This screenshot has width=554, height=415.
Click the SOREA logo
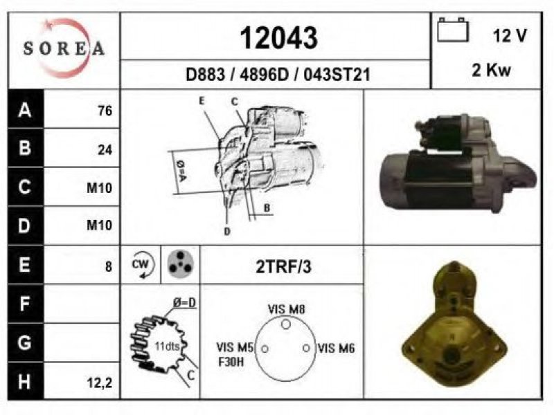point(64,48)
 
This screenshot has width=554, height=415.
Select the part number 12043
point(279,38)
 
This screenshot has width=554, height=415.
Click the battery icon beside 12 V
point(453,30)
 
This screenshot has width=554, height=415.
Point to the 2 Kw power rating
point(491,70)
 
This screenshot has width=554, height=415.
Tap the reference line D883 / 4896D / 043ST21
point(278,75)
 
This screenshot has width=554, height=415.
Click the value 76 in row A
point(105,111)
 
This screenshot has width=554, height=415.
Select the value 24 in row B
point(105,150)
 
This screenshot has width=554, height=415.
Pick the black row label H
point(25,381)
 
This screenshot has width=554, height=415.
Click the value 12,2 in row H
point(100,382)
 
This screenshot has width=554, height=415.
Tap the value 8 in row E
point(109,266)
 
